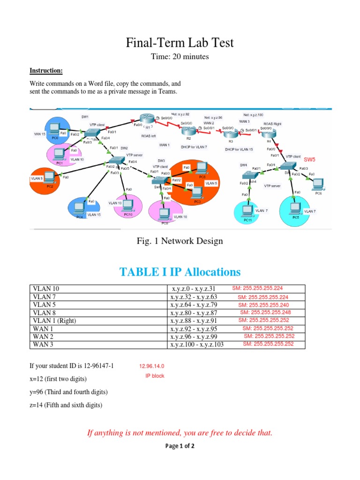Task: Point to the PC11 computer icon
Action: pos(247,210)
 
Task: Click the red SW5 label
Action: pos(310,159)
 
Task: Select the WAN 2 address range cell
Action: pos(197,337)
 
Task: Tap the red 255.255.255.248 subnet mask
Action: pos(265,312)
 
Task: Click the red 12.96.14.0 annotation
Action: pos(151,367)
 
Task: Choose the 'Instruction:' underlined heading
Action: pos(46,71)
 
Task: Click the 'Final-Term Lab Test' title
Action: pos(180,44)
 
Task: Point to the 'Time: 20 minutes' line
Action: pos(180,57)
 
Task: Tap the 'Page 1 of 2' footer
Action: pos(180,446)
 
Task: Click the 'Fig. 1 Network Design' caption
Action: pos(180,241)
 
